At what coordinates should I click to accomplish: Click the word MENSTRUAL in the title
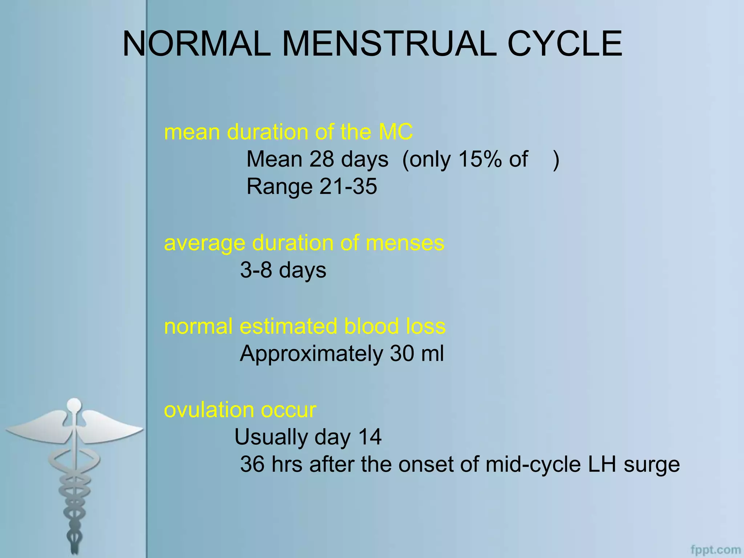point(389,44)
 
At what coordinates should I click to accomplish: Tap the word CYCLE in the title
point(565,44)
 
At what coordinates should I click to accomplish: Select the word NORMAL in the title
point(196,44)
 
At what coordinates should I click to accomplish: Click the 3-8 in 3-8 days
point(256,270)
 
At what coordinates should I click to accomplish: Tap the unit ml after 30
point(432,354)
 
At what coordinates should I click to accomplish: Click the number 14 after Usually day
point(370,437)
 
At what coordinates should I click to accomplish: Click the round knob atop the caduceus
point(74,404)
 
